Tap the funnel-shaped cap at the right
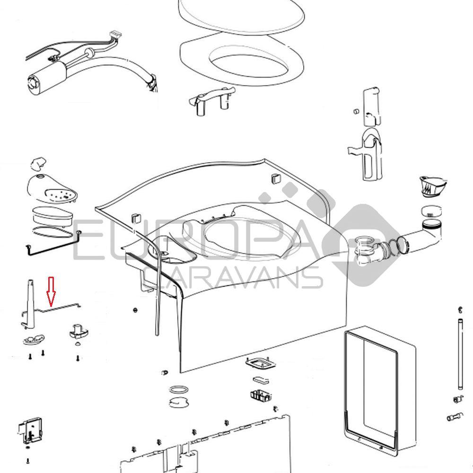pos(433,187)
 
